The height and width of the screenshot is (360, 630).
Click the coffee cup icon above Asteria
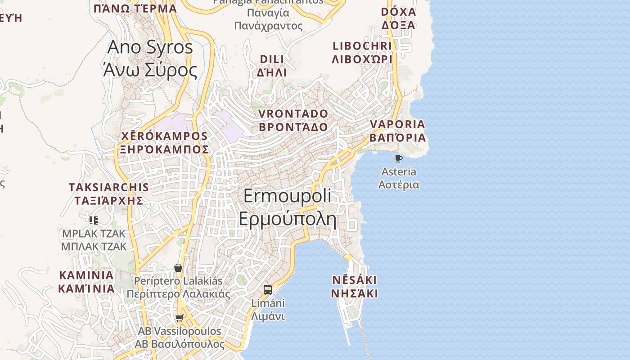pyautogui.click(x=398, y=158)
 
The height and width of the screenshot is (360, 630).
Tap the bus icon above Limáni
pyautogui.click(x=268, y=289)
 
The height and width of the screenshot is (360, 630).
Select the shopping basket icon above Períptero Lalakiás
pyautogui.click(x=178, y=268)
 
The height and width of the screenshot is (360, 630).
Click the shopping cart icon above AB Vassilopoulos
pyautogui.click(x=179, y=318)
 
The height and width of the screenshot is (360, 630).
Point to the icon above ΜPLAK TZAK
pyautogui.click(x=94, y=220)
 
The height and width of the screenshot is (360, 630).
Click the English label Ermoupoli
pyautogui.click(x=288, y=196)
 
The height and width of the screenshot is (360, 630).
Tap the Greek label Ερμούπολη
pyautogui.click(x=288, y=219)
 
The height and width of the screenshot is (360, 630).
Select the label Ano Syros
pyautogui.click(x=150, y=47)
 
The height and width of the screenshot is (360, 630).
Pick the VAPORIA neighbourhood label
pyautogui.click(x=397, y=124)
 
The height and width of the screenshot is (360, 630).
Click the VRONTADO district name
pyautogui.click(x=293, y=113)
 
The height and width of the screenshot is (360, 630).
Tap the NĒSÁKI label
pyautogui.click(x=355, y=280)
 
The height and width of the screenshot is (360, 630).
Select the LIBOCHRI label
pyautogui.click(x=362, y=46)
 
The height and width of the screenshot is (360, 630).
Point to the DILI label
pyautogui.click(x=272, y=59)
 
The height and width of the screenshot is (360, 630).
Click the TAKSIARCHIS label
pyautogui.click(x=108, y=187)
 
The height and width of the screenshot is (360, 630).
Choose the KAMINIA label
pyautogui.click(x=86, y=275)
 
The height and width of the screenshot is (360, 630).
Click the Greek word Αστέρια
pyautogui.click(x=399, y=184)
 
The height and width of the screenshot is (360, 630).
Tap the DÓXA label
pyautogui.click(x=398, y=12)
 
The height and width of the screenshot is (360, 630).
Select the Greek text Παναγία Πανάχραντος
pyautogui.click(x=268, y=19)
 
